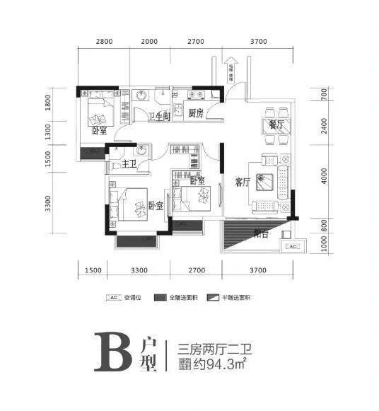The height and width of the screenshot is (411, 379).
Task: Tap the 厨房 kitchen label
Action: (x=196, y=113)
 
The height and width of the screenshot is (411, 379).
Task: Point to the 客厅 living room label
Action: (x=243, y=182)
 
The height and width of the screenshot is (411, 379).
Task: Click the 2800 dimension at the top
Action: (x=104, y=42)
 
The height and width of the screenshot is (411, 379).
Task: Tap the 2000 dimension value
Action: (x=149, y=42)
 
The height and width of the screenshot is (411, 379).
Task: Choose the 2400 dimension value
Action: (x=322, y=126)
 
